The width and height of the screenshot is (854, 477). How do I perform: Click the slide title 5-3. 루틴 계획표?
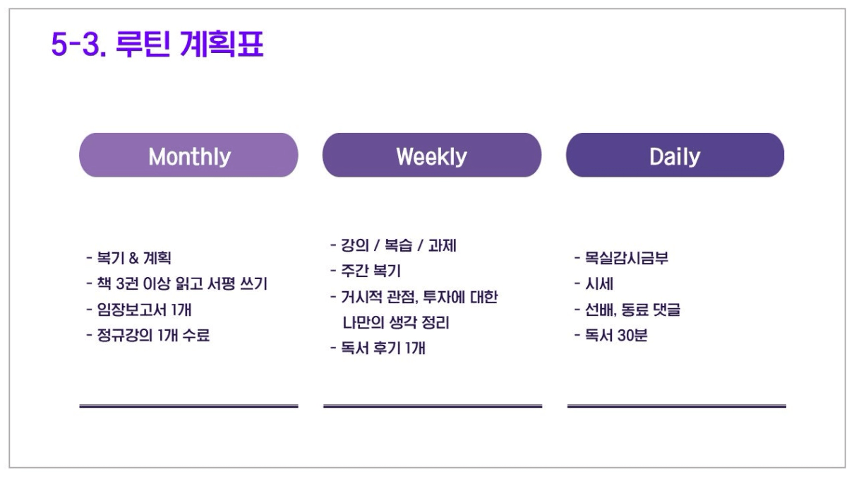(x=157, y=45)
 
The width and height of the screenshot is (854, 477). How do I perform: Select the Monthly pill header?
(x=188, y=155)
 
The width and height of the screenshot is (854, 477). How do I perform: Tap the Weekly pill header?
(x=432, y=155)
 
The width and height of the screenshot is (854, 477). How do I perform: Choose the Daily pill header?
(x=675, y=155)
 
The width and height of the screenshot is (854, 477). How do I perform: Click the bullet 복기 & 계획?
(x=129, y=258)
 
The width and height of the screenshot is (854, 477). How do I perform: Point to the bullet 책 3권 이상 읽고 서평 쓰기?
(x=177, y=283)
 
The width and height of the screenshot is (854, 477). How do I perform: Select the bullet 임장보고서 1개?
(x=139, y=310)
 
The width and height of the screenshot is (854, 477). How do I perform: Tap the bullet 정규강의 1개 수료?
(x=148, y=335)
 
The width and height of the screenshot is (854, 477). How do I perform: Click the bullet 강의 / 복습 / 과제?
(x=393, y=245)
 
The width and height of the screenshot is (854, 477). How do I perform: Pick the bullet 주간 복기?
(x=365, y=271)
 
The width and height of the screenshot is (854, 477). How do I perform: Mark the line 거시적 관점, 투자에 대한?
(x=414, y=297)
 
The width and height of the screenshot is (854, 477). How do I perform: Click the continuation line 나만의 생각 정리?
(x=396, y=322)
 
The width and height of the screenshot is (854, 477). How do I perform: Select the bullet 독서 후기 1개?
(x=378, y=348)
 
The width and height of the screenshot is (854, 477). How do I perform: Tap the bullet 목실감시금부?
(x=621, y=258)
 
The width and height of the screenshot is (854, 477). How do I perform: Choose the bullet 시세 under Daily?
(x=594, y=283)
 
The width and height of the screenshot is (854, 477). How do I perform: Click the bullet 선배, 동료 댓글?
(x=627, y=310)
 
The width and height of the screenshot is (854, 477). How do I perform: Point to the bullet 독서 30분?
(x=611, y=335)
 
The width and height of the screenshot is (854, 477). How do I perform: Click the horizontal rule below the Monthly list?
(x=188, y=406)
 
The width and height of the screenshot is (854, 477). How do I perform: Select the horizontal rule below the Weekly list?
(x=433, y=406)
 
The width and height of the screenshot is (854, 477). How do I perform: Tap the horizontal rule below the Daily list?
(x=677, y=406)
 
